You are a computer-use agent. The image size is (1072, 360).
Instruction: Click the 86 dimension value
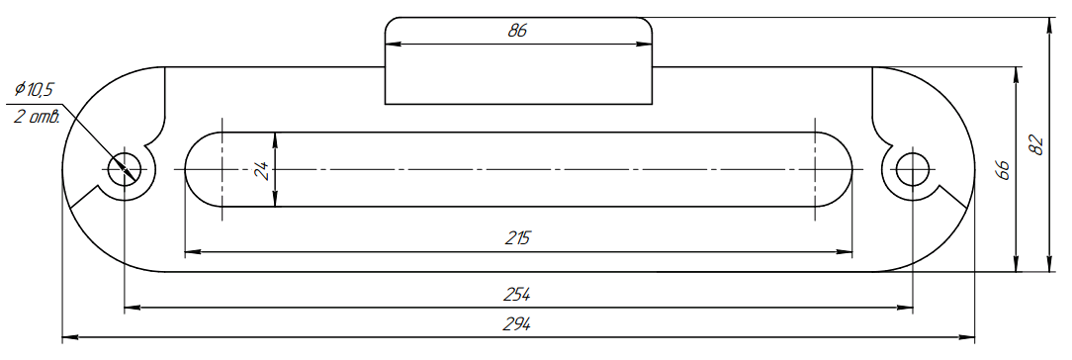point(517,31)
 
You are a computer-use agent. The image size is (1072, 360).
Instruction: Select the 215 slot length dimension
point(518,238)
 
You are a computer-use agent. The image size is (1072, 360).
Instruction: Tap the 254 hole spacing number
point(517,295)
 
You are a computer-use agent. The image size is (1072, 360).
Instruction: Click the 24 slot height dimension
point(261,169)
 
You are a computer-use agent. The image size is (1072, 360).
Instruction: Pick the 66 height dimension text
point(1002,169)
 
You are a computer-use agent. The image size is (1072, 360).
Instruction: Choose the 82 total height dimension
point(1037,145)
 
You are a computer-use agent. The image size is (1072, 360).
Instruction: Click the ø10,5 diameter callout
point(35,89)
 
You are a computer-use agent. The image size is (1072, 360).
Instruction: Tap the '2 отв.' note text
point(37,116)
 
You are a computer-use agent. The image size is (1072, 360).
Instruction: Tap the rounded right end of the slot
point(850,169)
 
